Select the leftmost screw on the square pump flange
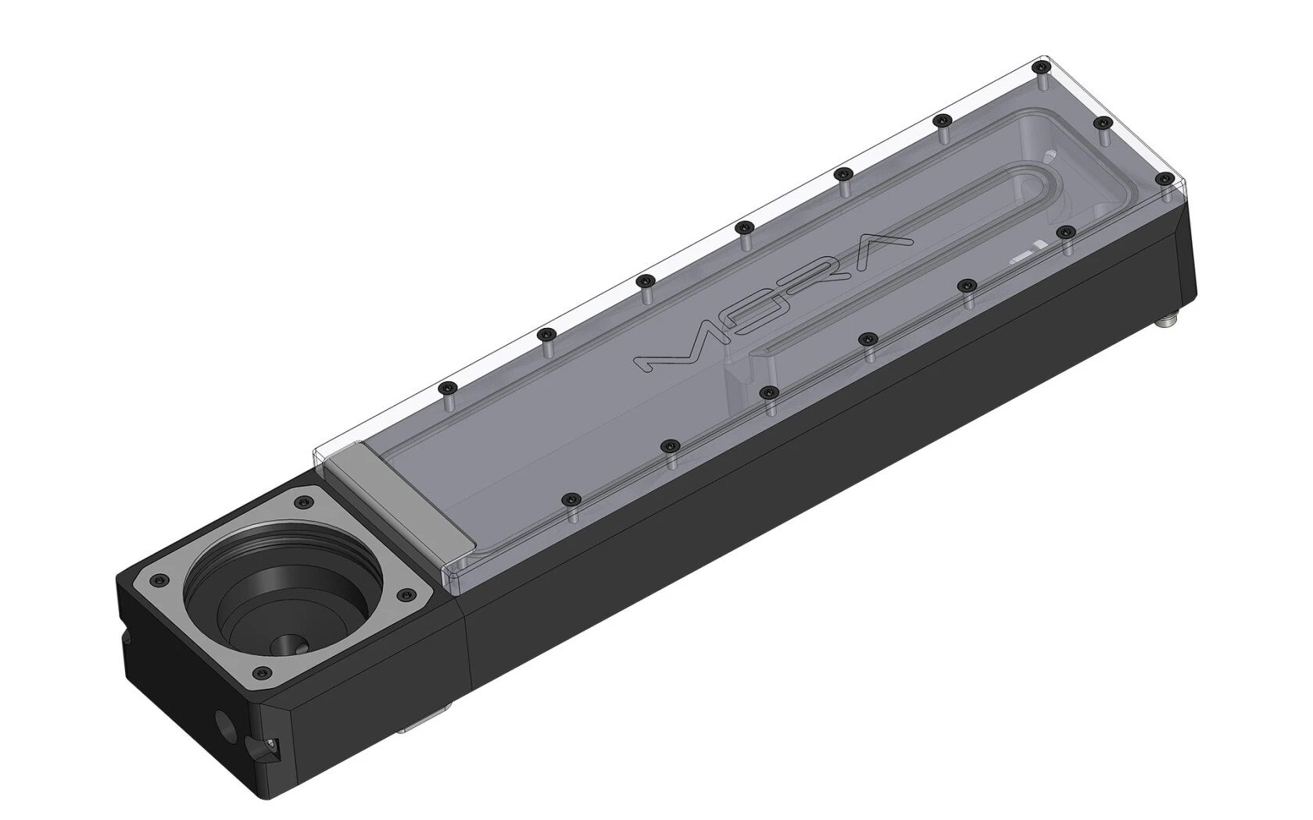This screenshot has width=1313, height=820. pos(160,579)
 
